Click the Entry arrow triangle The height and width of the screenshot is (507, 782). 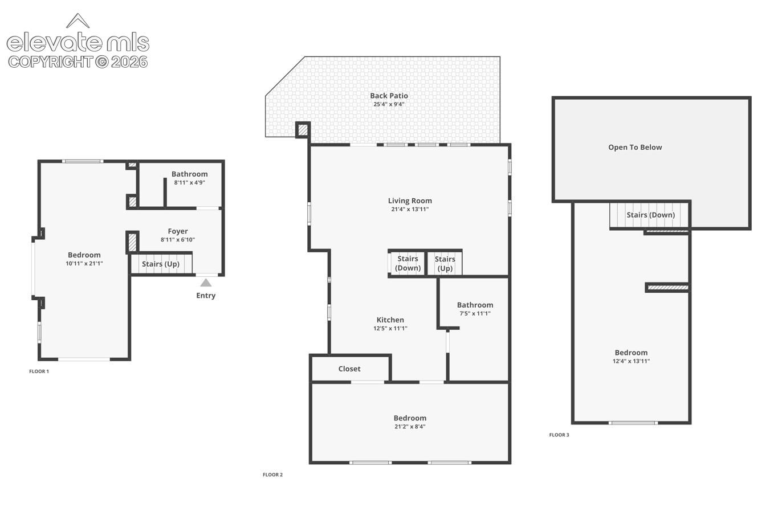click(x=206, y=283)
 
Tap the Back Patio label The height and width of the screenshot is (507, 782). click(x=389, y=96)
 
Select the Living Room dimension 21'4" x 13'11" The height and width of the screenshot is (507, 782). click(x=410, y=210)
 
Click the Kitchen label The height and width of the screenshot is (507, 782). click(x=390, y=320)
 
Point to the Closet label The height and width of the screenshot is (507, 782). click(x=349, y=369)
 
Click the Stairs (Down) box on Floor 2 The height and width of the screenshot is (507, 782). click(x=408, y=263)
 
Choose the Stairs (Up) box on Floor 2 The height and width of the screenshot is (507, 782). click(x=445, y=263)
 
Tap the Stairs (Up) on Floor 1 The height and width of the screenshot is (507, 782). click(x=161, y=264)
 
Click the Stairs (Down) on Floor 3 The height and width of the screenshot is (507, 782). click(x=650, y=215)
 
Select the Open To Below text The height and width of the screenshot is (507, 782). click(x=635, y=147)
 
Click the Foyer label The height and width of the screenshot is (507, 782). click(x=178, y=231)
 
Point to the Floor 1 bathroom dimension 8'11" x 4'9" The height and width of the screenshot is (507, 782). click(x=190, y=182)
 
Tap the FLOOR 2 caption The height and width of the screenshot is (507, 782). click(x=272, y=475)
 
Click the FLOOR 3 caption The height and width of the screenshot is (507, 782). click(x=559, y=435)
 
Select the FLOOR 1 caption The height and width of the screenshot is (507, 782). click(x=39, y=371)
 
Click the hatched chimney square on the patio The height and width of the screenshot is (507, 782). click(x=303, y=130)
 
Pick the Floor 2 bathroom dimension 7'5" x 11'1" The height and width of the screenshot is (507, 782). click(x=475, y=313)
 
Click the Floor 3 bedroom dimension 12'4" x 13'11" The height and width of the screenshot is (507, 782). click(x=631, y=361)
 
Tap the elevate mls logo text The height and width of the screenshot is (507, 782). click(x=78, y=42)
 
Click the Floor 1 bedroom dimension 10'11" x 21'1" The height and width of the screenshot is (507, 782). click(x=84, y=263)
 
